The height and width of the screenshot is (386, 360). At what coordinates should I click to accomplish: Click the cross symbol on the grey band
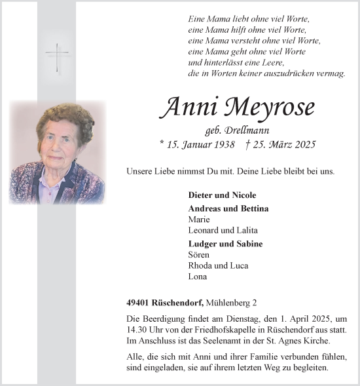pyautogui.click(x=58, y=57)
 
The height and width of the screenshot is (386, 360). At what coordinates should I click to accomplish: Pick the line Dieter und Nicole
pyautogui.click(x=222, y=195)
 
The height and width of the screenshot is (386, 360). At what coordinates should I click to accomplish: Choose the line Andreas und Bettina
pyautogui.click(x=228, y=208)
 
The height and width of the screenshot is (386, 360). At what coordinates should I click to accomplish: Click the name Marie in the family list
pyautogui.click(x=198, y=219)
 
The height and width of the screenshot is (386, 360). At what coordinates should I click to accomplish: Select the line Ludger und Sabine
pyautogui.click(x=225, y=244)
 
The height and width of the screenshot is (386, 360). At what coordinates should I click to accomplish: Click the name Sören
pyautogui.click(x=198, y=254)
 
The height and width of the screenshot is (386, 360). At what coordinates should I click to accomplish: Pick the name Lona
pyautogui.click(x=197, y=277)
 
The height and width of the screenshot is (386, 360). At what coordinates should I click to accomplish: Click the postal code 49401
pyautogui.click(x=139, y=303)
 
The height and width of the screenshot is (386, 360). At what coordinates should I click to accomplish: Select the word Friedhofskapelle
pyautogui.click(x=221, y=329)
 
